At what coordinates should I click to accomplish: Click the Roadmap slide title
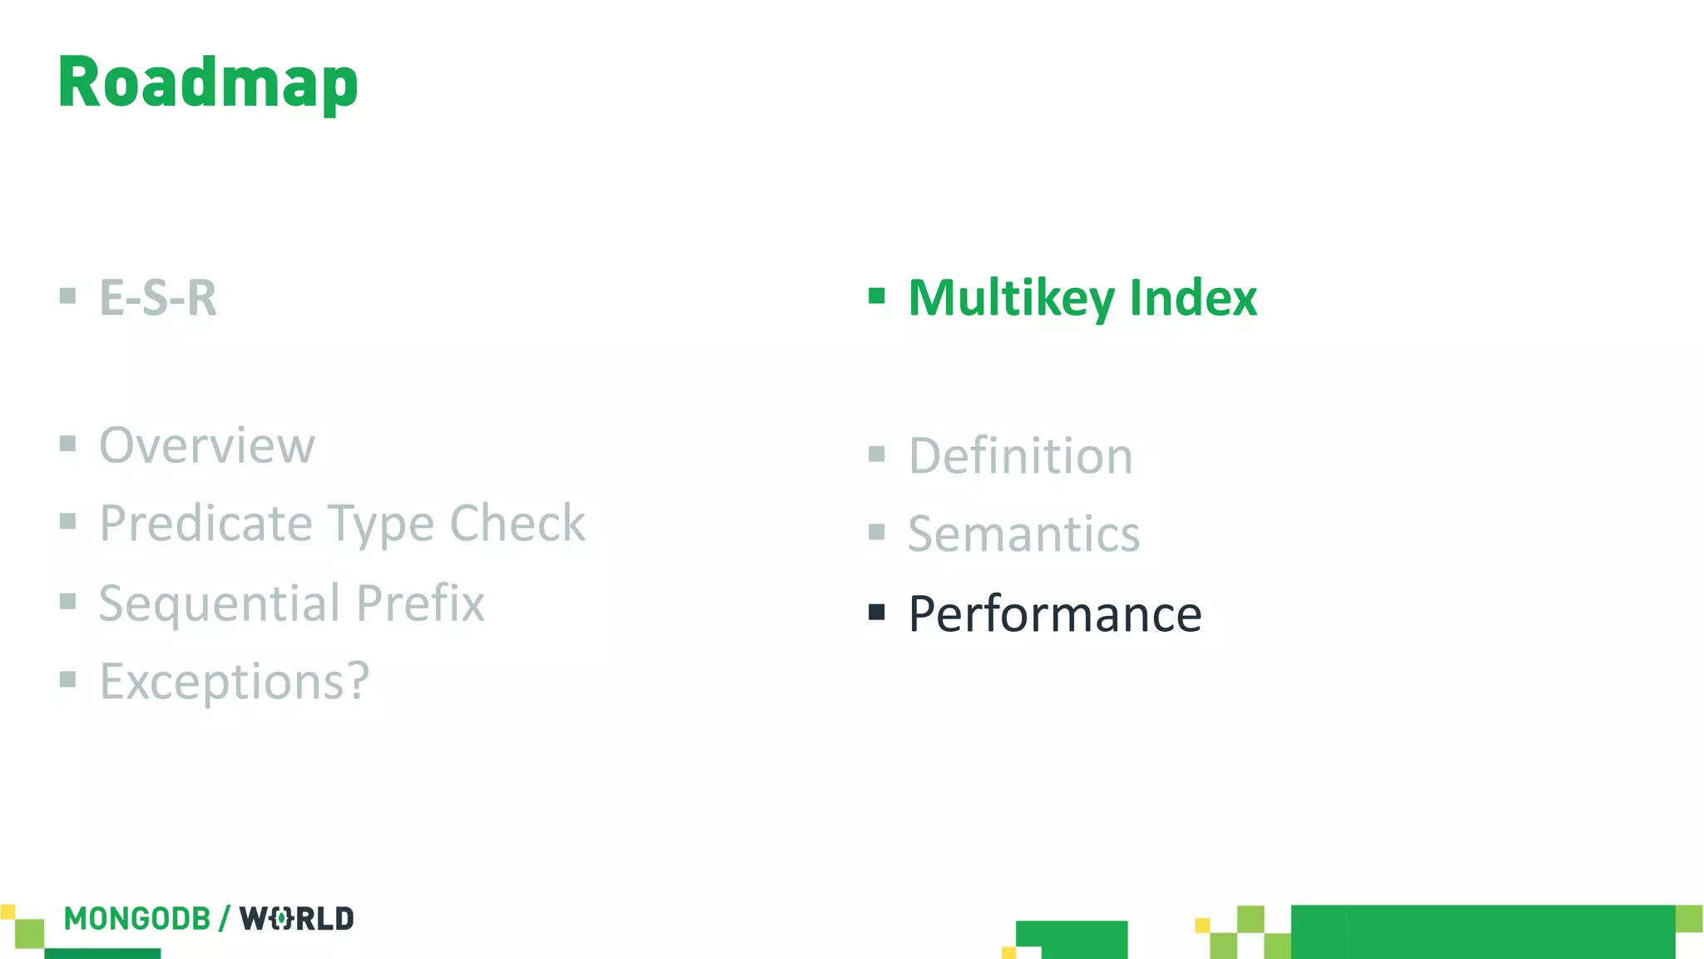(208, 82)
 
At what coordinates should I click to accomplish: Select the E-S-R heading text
(158, 297)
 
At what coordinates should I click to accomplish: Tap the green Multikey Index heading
(1082, 297)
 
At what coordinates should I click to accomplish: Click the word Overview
(207, 445)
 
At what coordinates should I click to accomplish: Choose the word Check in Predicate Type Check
(517, 524)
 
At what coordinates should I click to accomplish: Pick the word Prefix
(420, 603)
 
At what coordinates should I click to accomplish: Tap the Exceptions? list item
(234, 682)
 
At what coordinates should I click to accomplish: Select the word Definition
(1020, 456)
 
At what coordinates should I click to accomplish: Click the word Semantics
(1023, 534)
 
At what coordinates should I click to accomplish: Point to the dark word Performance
(1055, 614)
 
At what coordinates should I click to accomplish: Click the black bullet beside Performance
(876, 613)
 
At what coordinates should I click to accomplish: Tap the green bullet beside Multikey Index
(876, 296)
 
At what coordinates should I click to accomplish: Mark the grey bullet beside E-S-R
(68, 296)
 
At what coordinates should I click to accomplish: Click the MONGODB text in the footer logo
(137, 918)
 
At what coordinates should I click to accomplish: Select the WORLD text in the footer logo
(297, 918)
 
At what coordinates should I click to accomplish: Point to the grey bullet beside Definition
(876, 454)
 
